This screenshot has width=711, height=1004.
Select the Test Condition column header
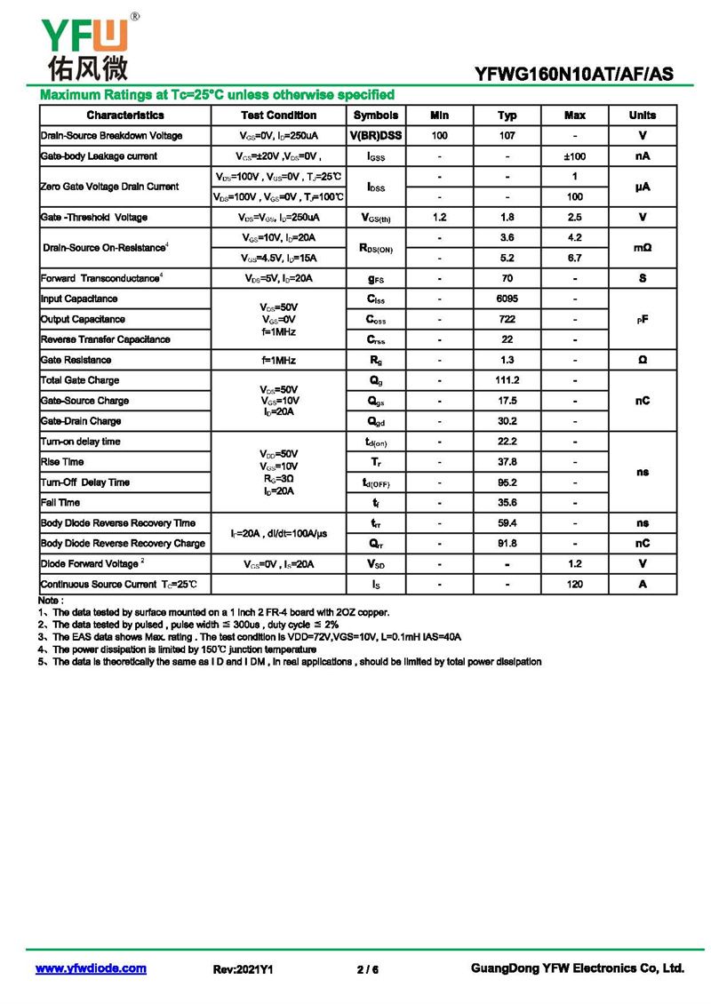click(278, 116)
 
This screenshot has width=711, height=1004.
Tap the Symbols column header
click(376, 116)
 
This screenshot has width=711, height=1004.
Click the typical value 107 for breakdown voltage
click(507, 136)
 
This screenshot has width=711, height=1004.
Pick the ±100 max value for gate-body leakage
click(574, 156)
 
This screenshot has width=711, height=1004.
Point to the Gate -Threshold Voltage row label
click(93, 218)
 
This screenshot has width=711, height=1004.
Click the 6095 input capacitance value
click(507, 299)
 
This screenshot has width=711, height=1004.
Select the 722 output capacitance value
click(507, 319)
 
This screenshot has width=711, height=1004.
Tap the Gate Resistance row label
click(76, 360)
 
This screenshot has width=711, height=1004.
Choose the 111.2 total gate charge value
click(507, 380)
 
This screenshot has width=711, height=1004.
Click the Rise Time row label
click(62, 462)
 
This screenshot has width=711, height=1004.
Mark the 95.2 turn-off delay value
click(507, 482)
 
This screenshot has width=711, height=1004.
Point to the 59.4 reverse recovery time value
click(507, 523)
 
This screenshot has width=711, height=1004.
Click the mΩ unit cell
click(642, 248)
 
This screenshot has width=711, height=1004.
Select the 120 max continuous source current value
click(574, 585)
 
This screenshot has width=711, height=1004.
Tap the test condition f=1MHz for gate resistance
click(278, 360)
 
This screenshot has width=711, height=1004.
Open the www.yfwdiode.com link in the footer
click(91, 968)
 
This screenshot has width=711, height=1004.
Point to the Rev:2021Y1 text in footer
click(243, 969)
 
